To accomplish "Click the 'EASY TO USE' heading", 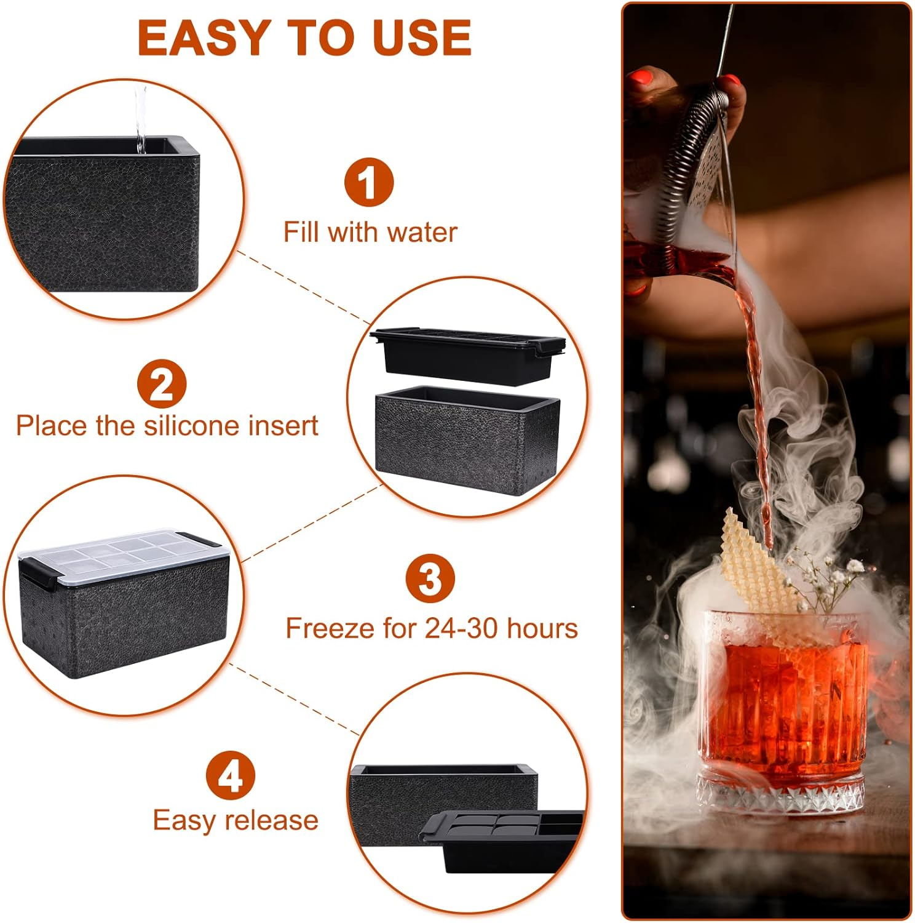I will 304,38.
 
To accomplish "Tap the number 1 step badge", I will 368,183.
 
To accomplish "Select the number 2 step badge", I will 162,385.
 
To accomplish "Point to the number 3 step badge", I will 430,578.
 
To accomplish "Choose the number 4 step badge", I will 230,775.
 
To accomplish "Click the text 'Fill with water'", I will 370,233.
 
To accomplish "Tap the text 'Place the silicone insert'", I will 167,426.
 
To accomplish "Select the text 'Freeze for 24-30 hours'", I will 432,628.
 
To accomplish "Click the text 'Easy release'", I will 236,820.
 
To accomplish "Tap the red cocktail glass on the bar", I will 784,708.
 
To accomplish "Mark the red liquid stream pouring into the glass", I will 753,369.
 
